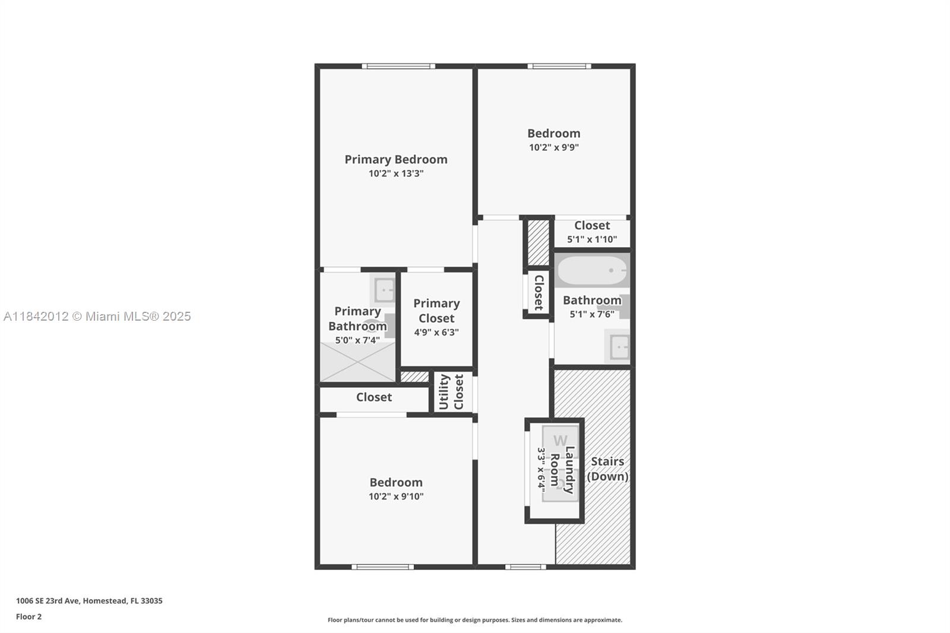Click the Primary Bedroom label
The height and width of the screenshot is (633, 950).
[396, 159]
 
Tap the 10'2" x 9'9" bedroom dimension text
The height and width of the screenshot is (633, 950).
[553, 147]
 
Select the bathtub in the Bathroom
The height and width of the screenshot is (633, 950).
[592, 271]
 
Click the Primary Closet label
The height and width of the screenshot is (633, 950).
[436, 311]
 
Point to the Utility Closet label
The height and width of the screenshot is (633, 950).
[451, 392]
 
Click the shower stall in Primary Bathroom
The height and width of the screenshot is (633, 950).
[357, 362]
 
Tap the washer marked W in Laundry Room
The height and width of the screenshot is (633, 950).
[559, 441]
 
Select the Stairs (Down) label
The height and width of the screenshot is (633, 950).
[607, 469]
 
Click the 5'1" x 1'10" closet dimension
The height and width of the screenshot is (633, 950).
[592, 240]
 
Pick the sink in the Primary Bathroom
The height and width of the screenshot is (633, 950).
[384, 290]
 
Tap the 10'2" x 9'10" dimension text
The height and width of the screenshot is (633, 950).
[396, 496]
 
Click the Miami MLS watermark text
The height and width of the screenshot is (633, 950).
[97, 316]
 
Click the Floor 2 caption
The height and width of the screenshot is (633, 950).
[28, 616]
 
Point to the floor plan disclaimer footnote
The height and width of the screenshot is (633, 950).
[475, 620]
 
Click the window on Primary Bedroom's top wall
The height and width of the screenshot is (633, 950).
[398, 66]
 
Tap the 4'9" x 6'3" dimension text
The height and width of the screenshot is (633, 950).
[436, 333]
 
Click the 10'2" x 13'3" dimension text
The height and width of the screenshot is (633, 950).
[396, 173]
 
